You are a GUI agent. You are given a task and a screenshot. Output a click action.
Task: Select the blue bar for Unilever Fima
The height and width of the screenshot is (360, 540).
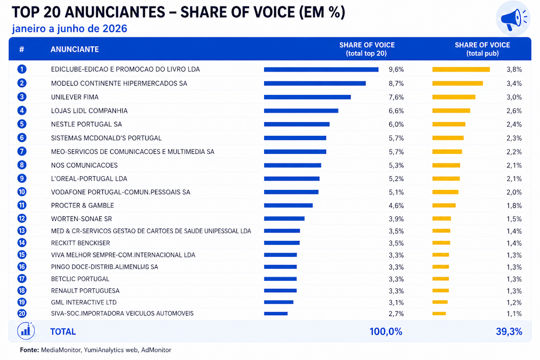click(308, 97)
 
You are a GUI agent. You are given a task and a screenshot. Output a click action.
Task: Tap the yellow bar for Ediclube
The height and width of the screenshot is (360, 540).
click(461, 69)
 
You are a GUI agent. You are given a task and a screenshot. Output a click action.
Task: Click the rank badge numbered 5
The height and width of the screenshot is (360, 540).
click(22, 124)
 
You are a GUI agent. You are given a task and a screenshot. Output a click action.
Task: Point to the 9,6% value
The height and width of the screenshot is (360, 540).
click(396, 69)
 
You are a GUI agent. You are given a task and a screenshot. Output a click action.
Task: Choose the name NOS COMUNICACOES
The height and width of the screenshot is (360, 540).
click(84, 165)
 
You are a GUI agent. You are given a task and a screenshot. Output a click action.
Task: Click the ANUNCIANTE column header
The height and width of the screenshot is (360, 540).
click(75, 49)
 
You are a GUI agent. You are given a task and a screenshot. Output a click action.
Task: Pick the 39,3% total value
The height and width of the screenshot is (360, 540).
click(509, 331)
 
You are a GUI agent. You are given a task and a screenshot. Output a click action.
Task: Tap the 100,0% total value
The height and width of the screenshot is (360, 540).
click(386, 331)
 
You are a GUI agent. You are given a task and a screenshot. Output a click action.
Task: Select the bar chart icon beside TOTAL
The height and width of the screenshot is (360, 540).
click(26, 331)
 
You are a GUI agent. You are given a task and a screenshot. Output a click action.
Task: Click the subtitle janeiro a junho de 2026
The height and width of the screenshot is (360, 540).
click(70, 29)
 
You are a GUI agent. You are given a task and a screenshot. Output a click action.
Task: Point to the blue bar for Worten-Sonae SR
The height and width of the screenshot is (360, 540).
click(284, 219)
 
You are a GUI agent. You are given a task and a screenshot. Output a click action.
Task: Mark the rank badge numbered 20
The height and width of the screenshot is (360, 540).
click(22, 313)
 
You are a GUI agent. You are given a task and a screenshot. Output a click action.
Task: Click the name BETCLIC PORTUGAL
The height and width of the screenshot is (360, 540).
click(80, 279)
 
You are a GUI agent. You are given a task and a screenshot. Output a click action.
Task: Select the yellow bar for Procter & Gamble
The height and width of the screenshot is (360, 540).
click(444, 205)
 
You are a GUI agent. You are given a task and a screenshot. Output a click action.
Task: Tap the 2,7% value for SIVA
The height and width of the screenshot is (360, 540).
click(396, 314)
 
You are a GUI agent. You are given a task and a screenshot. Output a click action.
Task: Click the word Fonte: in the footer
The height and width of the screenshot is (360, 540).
click(29, 350)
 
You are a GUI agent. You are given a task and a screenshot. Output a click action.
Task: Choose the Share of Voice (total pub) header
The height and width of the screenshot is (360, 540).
click(482, 49)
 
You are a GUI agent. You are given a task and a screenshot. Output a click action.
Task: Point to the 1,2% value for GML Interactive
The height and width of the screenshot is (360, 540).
click(514, 302)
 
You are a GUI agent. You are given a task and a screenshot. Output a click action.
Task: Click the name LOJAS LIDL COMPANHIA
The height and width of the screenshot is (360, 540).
click(90, 111)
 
